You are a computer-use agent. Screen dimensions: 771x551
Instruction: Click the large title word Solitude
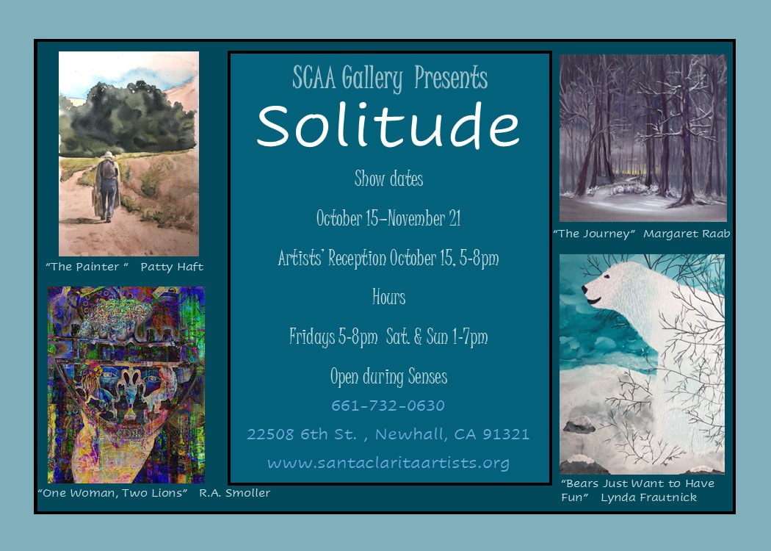point(388,126)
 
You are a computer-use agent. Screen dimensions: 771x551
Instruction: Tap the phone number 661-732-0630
point(388,406)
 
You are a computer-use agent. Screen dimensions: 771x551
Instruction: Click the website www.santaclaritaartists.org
point(388,464)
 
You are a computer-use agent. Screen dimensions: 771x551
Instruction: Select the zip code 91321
point(506,434)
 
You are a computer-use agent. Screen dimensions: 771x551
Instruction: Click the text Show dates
point(389,179)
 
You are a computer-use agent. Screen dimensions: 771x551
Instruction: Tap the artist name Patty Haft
point(172,267)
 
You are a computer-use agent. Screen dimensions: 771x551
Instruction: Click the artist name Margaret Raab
point(687,234)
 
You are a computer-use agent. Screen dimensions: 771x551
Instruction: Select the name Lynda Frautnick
point(648,497)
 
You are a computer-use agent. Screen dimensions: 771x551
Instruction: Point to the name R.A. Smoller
point(234,492)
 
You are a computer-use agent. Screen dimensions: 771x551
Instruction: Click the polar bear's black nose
point(584,289)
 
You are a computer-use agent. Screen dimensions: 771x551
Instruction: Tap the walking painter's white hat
point(107,154)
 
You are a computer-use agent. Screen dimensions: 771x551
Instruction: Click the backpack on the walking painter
point(108,170)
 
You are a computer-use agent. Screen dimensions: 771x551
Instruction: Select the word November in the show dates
point(416,218)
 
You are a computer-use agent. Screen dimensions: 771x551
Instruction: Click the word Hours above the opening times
point(389,297)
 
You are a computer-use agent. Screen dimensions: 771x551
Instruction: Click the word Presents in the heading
point(451,78)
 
